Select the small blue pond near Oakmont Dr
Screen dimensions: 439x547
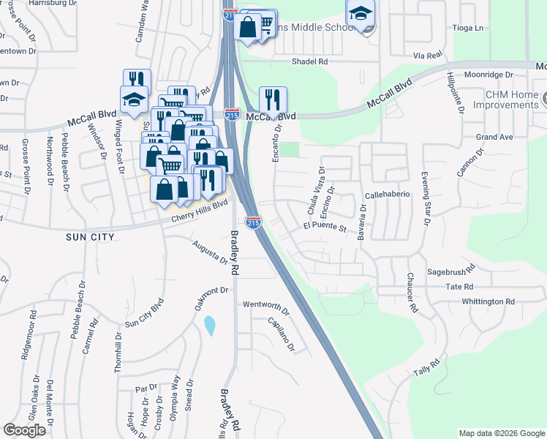(210, 325)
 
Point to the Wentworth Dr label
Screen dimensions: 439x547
(266, 304)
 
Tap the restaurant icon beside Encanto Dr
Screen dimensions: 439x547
(273, 100)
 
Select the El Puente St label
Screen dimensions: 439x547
(324, 228)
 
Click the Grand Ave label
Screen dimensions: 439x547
(494, 137)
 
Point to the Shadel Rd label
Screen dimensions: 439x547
(309, 62)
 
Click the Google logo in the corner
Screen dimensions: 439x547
(24, 430)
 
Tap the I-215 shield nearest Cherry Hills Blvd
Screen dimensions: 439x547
(253, 221)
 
